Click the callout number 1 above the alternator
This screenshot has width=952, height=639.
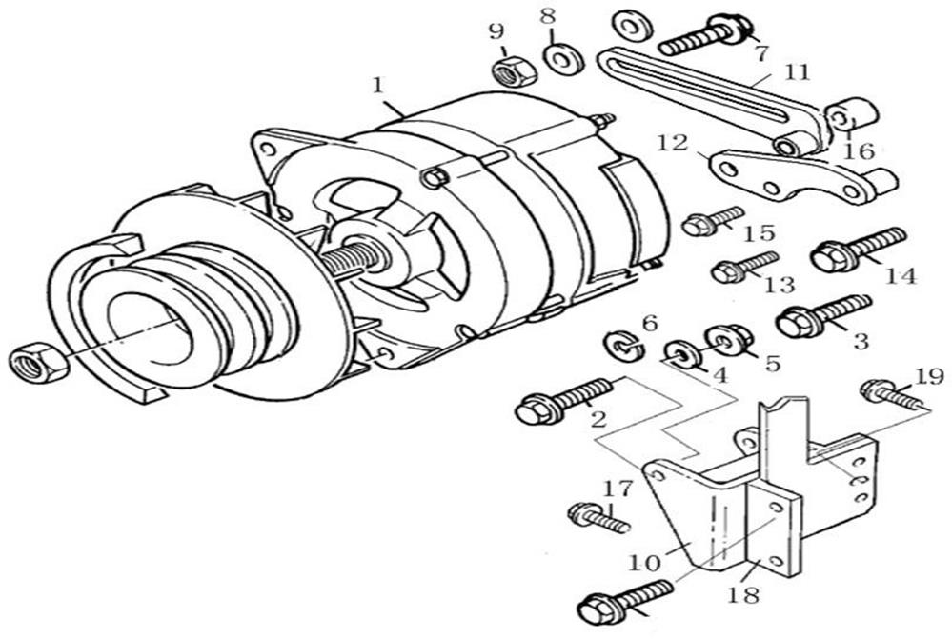[x=379, y=85]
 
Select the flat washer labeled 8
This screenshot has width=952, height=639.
[x=564, y=58]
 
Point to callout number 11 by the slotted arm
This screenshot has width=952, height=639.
[x=797, y=72]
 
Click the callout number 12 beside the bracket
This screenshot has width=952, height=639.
[x=673, y=143]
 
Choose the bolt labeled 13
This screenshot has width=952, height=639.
[x=744, y=267]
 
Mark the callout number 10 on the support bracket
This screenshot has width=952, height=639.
[x=645, y=563]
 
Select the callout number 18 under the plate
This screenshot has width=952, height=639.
[x=744, y=596]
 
